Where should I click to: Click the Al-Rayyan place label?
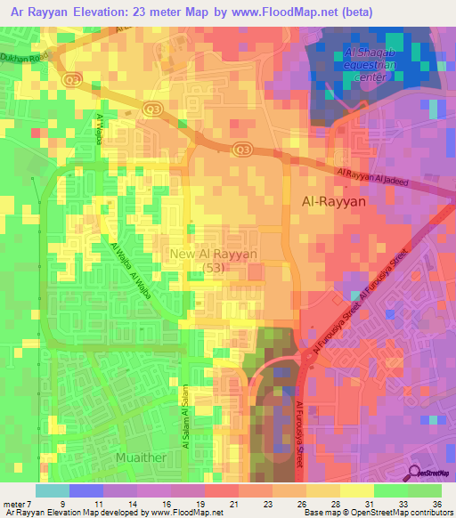(336, 202)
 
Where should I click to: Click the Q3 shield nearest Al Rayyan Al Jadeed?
(240, 149)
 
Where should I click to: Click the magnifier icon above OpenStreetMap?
(415, 474)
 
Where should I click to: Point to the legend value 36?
(436, 503)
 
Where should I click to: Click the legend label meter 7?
(18, 503)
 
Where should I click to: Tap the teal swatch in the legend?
(53, 490)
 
